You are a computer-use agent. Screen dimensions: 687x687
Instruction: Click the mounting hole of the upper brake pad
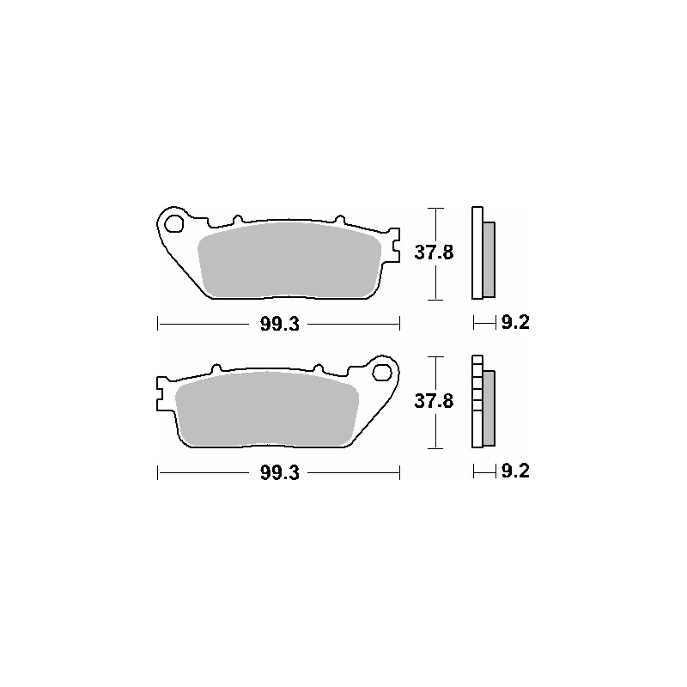click(x=174, y=226)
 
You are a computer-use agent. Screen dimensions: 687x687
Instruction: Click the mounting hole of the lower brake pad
click(x=383, y=374)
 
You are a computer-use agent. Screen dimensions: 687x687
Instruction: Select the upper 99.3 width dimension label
click(x=279, y=324)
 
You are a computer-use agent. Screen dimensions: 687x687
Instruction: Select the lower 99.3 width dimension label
click(x=279, y=473)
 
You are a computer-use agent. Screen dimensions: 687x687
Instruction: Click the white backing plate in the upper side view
click(x=477, y=253)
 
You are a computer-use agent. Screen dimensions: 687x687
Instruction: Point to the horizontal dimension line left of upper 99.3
click(x=206, y=324)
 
